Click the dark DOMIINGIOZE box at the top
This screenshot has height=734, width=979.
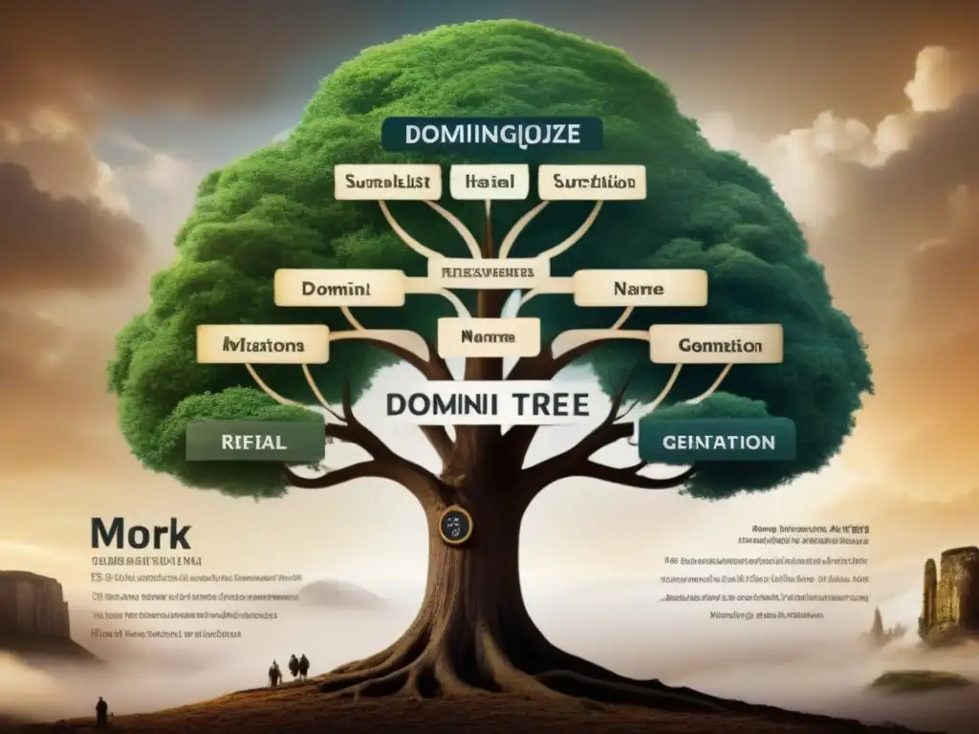(491, 134)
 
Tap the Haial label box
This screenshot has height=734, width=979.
(489, 182)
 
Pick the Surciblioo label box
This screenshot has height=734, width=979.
(592, 182)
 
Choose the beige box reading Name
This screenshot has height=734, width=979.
(641, 287)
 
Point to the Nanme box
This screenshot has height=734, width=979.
(489, 337)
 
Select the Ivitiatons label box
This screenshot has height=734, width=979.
(263, 343)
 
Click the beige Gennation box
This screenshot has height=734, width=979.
(716, 344)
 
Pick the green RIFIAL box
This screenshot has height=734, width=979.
(253, 443)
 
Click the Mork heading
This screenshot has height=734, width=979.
(141, 534)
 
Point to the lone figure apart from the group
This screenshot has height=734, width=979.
(101, 709)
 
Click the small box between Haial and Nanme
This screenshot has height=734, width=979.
(489, 271)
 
